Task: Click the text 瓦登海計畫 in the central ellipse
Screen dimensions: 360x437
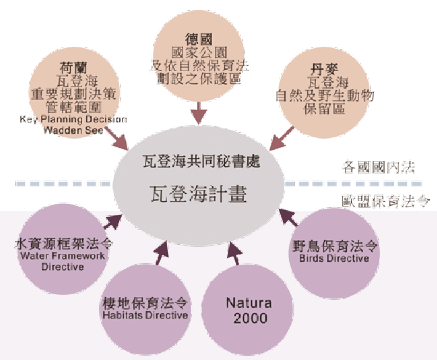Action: point(199,195)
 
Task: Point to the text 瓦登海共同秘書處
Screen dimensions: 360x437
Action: point(198,162)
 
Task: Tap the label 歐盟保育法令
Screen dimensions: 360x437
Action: point(385,201)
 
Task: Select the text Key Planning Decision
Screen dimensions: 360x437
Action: point(73,119)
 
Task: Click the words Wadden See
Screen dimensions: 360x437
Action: point(73,130)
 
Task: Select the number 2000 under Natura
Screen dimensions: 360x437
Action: point(250,318)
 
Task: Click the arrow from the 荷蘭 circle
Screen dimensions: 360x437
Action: point(117,141)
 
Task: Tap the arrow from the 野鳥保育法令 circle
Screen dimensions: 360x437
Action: point(288,218)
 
